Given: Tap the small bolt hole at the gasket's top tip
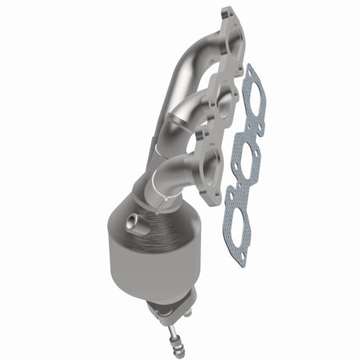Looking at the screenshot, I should point(250,73).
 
